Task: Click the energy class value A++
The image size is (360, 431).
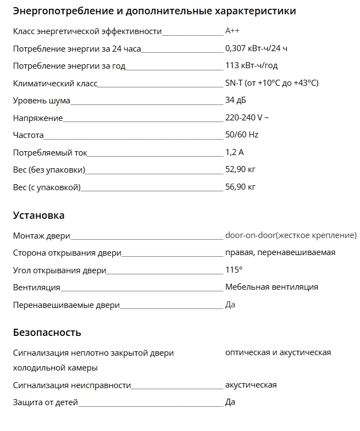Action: (x=232, y=32)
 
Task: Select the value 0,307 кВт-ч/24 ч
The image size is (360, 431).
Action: (x=256, y=49)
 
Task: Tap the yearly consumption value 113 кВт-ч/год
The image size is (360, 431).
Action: (x=251, y=66)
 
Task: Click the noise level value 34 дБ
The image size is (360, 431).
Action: (x=236, y=101)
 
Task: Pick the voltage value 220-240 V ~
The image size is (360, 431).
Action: (x=247, y=118)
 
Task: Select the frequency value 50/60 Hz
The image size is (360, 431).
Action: (x=241, y=135)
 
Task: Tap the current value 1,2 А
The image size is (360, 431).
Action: (x=234, y=152)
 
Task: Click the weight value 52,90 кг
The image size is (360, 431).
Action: (x=240, y=169)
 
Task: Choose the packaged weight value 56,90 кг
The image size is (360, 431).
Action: (x=240, y=187)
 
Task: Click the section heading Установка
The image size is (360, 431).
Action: (x=38, y=215)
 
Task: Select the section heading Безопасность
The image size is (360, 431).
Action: (x=47, y=333)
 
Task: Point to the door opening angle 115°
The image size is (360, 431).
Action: (x=233, y=270)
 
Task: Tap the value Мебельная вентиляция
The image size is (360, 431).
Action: (x=272, y=287)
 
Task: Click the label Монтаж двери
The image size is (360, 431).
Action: (x=42, y=236)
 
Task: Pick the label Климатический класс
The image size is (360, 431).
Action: (x=55, y=84)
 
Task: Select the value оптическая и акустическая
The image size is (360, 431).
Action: (x=278, y=352)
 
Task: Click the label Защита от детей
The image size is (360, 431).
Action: (x=46, y=402)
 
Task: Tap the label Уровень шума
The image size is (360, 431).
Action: (x=42, y=101)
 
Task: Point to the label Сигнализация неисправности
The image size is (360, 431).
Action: (x=72, y=385)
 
